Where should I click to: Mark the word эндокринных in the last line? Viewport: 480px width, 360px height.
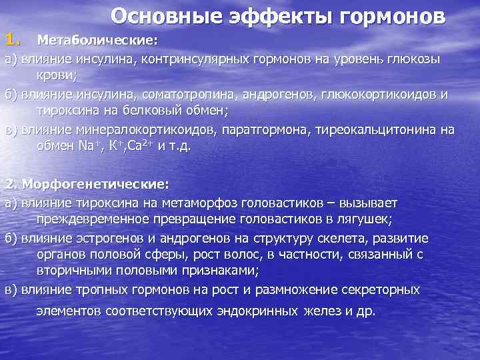(258, 311)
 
